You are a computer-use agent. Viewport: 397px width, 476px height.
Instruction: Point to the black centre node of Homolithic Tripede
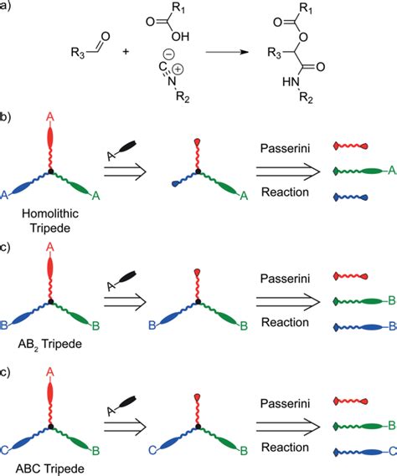pyautogui.click(x=50, y=171)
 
